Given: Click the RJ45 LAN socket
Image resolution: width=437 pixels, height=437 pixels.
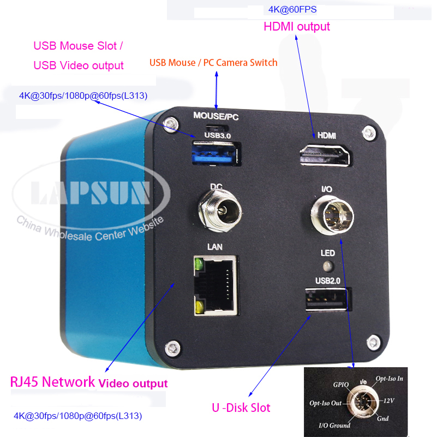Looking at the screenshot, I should pos(215,285).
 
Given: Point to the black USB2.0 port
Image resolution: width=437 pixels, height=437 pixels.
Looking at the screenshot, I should pos(326,301).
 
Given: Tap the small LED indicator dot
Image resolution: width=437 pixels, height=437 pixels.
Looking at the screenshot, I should pos(327,267).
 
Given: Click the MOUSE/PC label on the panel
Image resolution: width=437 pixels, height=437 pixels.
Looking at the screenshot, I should pos(216,116).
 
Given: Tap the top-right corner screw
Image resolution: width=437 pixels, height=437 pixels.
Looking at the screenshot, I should pos(370,131).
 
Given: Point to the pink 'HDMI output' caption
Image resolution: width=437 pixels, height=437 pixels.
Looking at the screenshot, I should pos(297,26).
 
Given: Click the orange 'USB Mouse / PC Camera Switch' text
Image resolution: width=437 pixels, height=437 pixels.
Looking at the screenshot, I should pos(213,63).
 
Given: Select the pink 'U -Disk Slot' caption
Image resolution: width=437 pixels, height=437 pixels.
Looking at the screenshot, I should pos(241,407).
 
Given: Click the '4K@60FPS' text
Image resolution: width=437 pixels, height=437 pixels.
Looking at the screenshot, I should pos(292,9).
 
